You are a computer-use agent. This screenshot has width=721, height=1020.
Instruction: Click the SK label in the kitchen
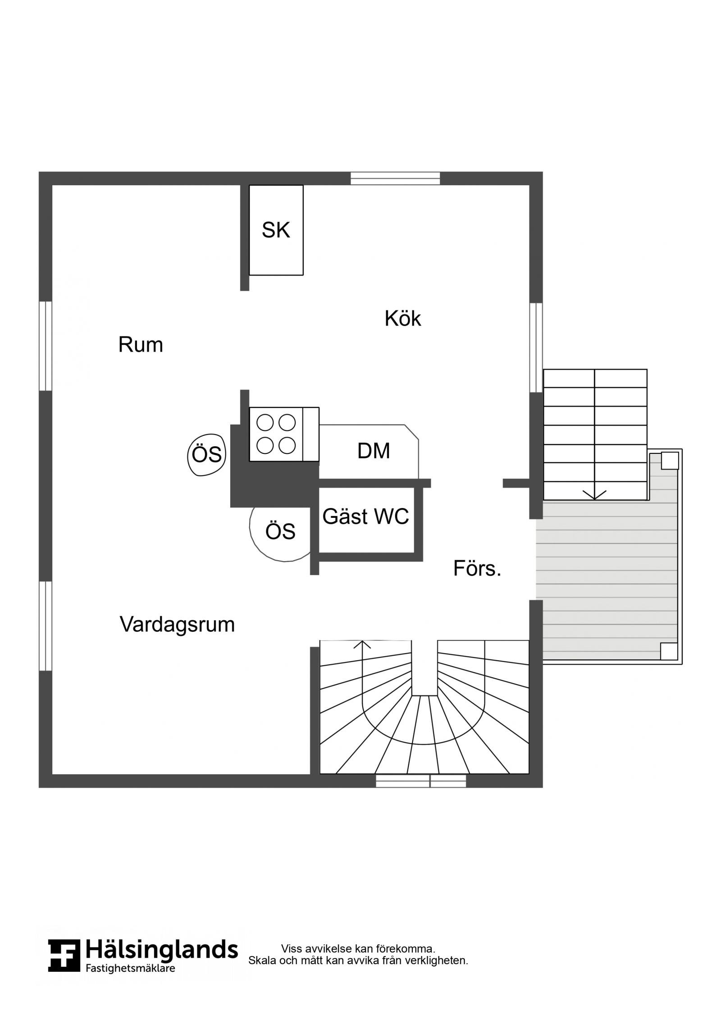[x=276, y=230]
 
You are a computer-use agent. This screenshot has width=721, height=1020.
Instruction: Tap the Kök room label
[x=402, y=318]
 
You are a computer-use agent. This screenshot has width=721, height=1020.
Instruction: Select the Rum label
[x=141, y=345]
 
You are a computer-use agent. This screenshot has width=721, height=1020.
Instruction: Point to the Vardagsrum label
[x=177, y=625]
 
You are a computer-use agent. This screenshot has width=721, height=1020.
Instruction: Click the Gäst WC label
[x=365, y=517]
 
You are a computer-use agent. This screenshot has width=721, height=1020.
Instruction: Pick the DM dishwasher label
[x=374, y=451]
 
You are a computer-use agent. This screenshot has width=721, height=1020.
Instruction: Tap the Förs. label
[x=477, y=568]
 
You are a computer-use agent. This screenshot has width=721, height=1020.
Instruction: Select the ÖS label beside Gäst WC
[x=280, y=531]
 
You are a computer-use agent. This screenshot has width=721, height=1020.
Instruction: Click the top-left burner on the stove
[x=265, y=423]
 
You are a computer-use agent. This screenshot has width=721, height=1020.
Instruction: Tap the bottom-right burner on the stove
[x=287, y=446]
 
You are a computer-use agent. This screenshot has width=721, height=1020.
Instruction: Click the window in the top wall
[x=395, y=178]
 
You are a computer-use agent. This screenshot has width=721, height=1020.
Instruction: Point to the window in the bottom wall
[x=421, y=781]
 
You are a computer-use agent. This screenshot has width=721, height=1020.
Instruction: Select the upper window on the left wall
[x=46, y=346]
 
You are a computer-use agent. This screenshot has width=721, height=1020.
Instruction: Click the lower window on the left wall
[x=46, y=626]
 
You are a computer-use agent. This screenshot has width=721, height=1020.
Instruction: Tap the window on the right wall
[x=536, y=348]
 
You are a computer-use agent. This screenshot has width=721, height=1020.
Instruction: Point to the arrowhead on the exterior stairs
[x=594, y=495]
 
